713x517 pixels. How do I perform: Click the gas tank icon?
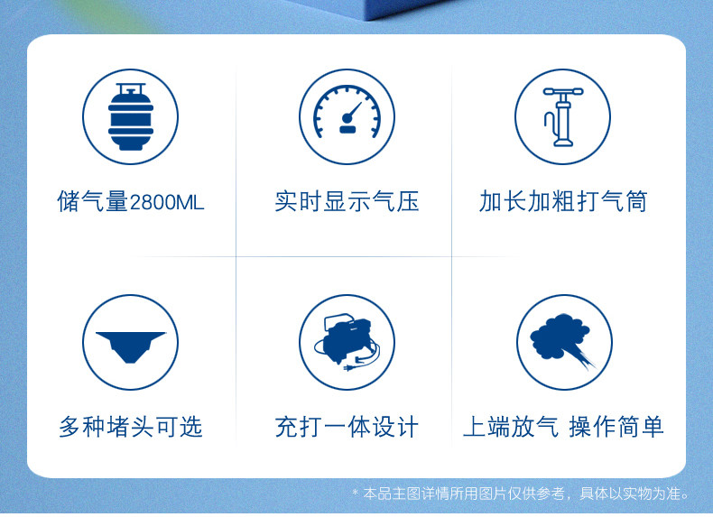point(131,116)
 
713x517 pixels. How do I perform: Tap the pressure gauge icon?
point(347,111)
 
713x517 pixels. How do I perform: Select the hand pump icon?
point(563,117)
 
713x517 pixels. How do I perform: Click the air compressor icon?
point(347,342)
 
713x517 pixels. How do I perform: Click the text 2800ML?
point(167,202)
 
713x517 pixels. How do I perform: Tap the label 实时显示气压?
point(347,201)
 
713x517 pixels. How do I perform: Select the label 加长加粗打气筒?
point(563,201)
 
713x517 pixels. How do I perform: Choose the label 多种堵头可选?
point(131,427)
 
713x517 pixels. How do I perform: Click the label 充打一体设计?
point(347,427)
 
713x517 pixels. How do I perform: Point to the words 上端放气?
point(511,427)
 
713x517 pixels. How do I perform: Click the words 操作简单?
point(616,427)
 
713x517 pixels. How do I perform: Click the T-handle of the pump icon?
point(563,92)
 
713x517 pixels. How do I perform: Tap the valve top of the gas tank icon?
point(131,88)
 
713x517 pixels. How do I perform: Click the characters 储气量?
point(93,201)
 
